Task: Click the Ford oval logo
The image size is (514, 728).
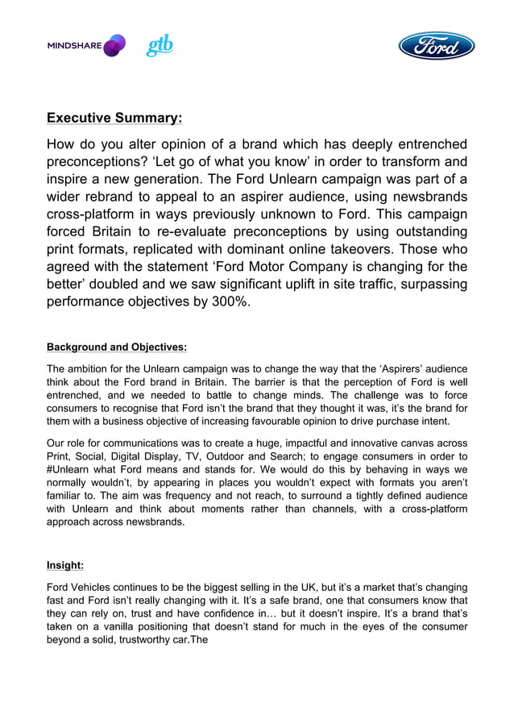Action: coord(437,45)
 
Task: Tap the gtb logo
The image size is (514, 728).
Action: coord(160,46)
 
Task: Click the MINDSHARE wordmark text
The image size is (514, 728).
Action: coord(74,46)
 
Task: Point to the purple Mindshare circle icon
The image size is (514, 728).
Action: coord(115,46)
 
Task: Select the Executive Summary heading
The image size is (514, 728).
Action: coord(114,118)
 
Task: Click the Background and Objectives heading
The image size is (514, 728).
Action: coord(117,347)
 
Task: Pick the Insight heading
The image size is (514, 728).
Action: coord(65,566)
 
